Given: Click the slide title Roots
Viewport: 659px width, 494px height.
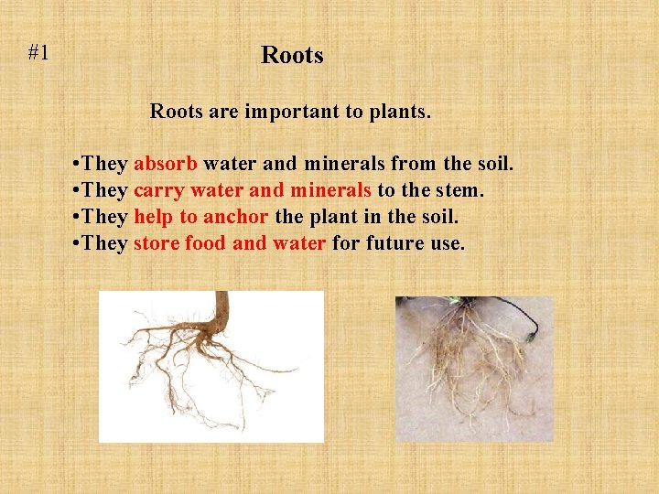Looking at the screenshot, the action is tap(292, 55).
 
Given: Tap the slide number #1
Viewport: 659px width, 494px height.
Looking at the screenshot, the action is tap(38, 53).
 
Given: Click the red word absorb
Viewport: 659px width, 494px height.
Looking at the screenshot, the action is tap(166, 163).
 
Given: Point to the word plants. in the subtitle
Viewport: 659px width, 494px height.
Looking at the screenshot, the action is tap(400, 113).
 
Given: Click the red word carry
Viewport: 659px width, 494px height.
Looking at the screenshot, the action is tap(159, 190).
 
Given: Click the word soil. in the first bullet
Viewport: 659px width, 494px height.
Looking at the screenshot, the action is tap(495, 164).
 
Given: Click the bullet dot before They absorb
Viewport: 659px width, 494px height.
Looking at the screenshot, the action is tap(76, 164).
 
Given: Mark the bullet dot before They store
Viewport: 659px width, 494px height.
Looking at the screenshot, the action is tap(76, 243).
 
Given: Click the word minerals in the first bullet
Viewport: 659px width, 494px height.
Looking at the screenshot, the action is tap(344, 163).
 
